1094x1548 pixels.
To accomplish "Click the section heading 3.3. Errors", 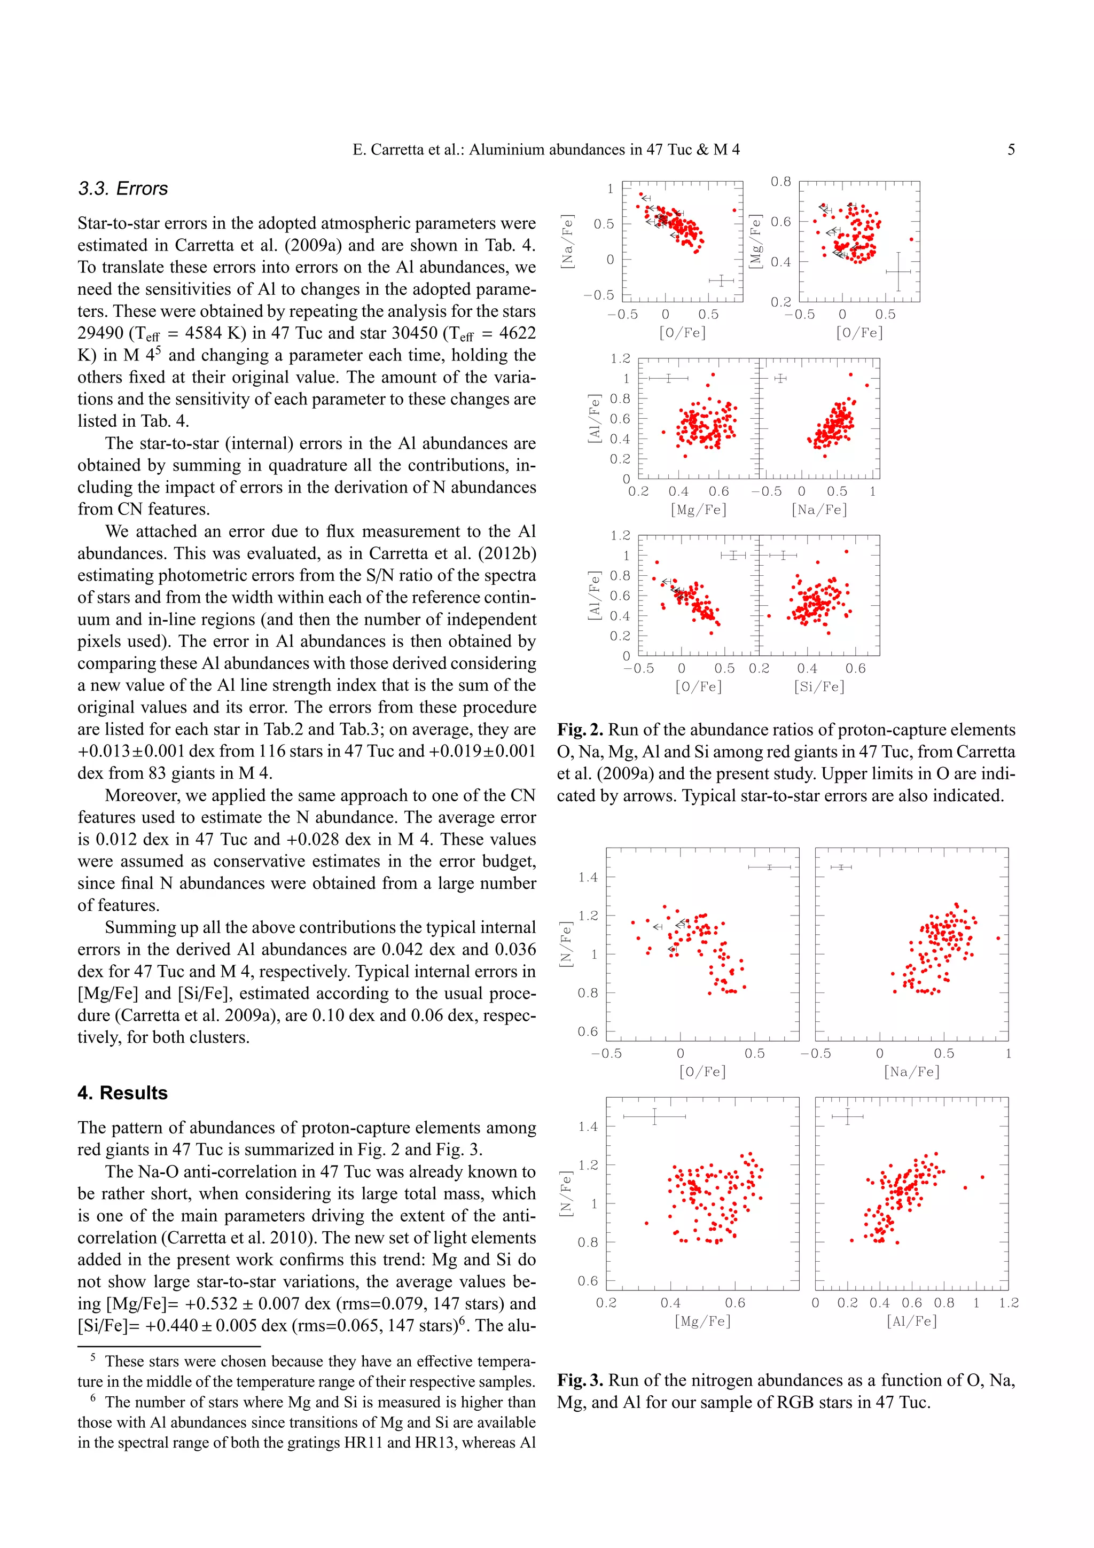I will [123, 189].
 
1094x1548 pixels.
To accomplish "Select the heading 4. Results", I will [123, 1093].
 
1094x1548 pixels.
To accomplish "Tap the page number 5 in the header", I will [1011, 150].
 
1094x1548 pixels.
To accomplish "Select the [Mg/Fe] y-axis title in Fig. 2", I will [756, 241].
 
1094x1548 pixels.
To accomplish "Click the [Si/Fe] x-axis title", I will [819, 686].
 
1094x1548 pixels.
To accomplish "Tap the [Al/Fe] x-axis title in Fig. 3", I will [911, 1321].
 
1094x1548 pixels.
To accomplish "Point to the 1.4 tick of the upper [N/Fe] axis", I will [588, 877].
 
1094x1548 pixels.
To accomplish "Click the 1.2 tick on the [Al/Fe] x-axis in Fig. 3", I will [1009, 1303].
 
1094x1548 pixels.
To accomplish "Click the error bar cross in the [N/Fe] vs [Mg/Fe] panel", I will [654, 1116].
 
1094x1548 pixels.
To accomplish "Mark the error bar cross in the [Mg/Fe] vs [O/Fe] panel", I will [898, 272].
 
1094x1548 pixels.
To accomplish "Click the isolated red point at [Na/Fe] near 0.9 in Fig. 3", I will [998, 938].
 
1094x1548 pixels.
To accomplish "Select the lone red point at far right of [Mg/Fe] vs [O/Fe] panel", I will [911, 239].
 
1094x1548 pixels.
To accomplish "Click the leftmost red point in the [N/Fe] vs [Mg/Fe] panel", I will [646, 1223].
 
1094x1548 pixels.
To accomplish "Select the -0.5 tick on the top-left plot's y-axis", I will [599, 295].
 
